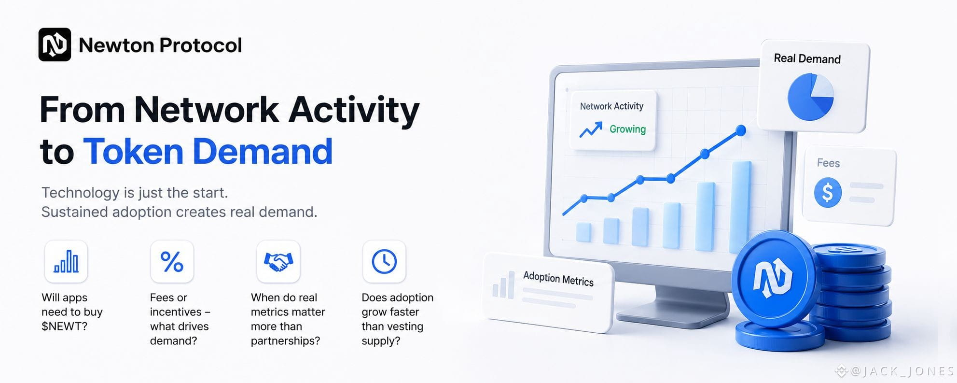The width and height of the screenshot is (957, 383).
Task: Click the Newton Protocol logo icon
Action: coord(55,44)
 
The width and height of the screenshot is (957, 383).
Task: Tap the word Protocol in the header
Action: coord(200,45)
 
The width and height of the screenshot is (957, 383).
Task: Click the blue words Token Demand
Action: coord(208,151)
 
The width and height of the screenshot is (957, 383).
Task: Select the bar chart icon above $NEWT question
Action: coord(66,261)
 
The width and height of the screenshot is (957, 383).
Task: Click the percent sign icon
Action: coord(172,261)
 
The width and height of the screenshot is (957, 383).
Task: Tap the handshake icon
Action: coord(278,262)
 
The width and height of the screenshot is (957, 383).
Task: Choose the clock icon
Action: coord(384,261)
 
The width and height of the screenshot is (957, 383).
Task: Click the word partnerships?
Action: coord(285,341)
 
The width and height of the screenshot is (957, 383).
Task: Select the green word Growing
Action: coord(627,129)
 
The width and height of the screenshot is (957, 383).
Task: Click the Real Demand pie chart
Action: coord(811,97)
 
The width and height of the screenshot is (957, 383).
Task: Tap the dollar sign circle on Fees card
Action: coord(828,192)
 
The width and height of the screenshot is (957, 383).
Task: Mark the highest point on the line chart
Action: coord(741,130)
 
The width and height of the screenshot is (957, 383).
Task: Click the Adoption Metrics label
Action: coord(558,279)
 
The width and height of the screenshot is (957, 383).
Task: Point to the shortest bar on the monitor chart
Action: coord(583,232)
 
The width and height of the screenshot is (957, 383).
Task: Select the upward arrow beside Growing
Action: coord(591,129)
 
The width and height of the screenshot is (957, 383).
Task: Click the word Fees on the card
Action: coord(828,163)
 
